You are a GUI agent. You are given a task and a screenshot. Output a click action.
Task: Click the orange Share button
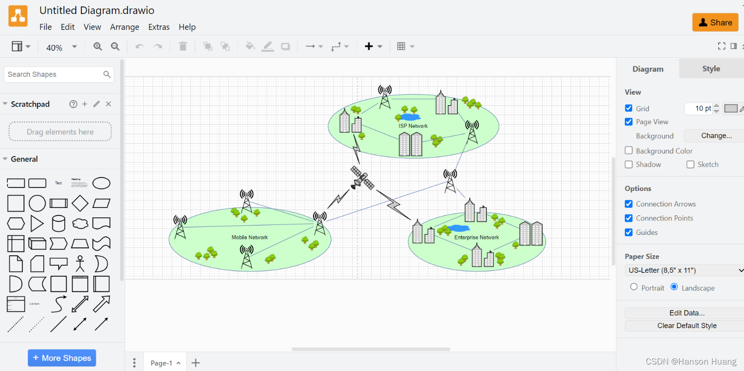tap(715, 22)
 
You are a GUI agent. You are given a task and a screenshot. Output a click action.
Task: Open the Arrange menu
tap(124, 27)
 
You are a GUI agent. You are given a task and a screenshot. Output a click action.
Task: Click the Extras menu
tap(159, 27)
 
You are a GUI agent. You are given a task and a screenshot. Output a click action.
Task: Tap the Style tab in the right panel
tap(711, 69)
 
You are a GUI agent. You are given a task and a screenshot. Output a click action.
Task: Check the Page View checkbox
tap(629, 122)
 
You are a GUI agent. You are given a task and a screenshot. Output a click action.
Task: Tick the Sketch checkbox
tap(690, 165)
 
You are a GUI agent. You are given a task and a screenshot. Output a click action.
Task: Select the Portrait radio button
tap(634, 287)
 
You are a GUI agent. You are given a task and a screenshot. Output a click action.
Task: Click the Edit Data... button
tap(687, 313)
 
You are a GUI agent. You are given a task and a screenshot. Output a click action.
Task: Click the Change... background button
tap(716, 136)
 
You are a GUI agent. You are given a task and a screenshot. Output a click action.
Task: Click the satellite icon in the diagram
tap(362, 178)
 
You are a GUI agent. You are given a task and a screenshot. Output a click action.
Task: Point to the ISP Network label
tap(413, 126)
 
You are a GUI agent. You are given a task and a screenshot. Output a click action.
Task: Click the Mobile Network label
tap(249, 237)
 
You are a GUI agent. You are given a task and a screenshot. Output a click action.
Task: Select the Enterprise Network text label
tap(476, 237)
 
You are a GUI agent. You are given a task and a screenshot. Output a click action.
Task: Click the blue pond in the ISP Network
tap(410, 117)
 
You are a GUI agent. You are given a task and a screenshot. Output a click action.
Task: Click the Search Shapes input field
tap(54, 74)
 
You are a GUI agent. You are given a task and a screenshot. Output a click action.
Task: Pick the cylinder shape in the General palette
tap(58, 223)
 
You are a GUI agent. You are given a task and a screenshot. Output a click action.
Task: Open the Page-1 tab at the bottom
tap(162, 363)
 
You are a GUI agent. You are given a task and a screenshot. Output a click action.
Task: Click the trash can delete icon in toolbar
tap(183, 46)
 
